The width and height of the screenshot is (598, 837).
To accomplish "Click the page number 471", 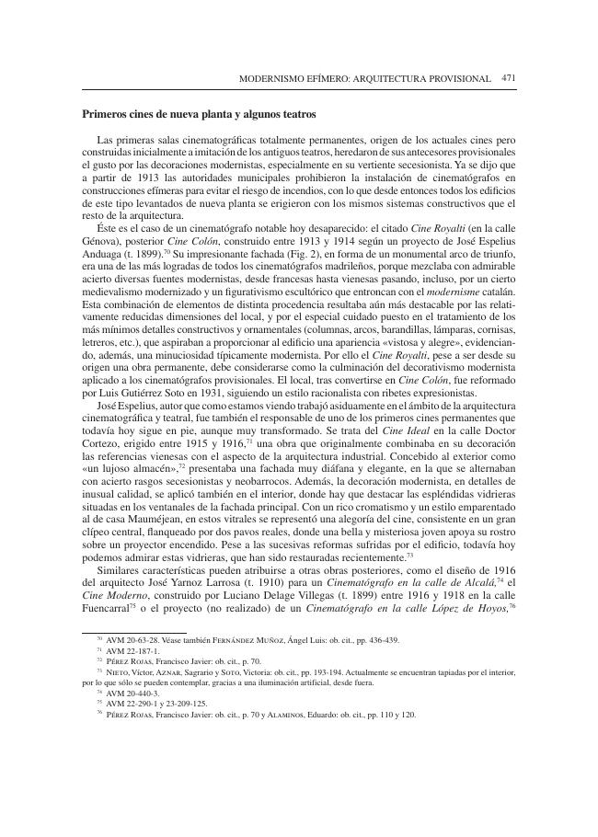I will [508, 79].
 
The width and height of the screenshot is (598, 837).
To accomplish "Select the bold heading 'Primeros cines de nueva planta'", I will [165, 114].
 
